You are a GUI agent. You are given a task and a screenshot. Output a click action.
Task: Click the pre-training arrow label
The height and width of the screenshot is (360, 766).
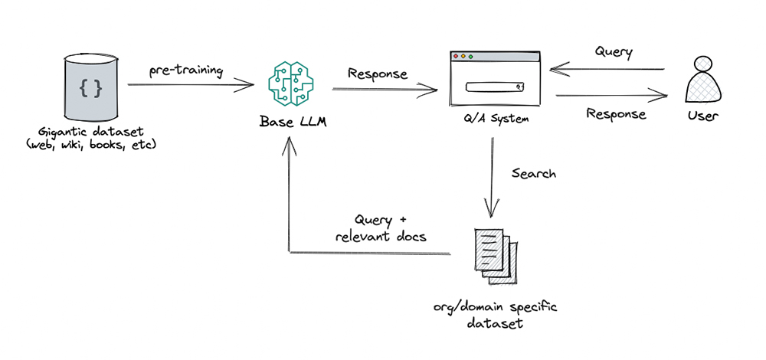click(x=186, y=70)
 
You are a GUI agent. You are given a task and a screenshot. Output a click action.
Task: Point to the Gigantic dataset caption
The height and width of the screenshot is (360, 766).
click(x=91, y=139)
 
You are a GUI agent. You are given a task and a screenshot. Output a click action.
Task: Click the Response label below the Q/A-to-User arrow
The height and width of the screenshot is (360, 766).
click(x=615, y=114)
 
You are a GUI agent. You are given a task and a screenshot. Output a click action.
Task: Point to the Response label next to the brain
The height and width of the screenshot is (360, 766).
click(x=378, y=74)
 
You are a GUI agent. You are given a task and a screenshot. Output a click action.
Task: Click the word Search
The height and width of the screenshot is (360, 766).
click(x=533, y=174)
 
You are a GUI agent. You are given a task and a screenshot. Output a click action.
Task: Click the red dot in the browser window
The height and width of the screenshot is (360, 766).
click(x=457, y=57)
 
